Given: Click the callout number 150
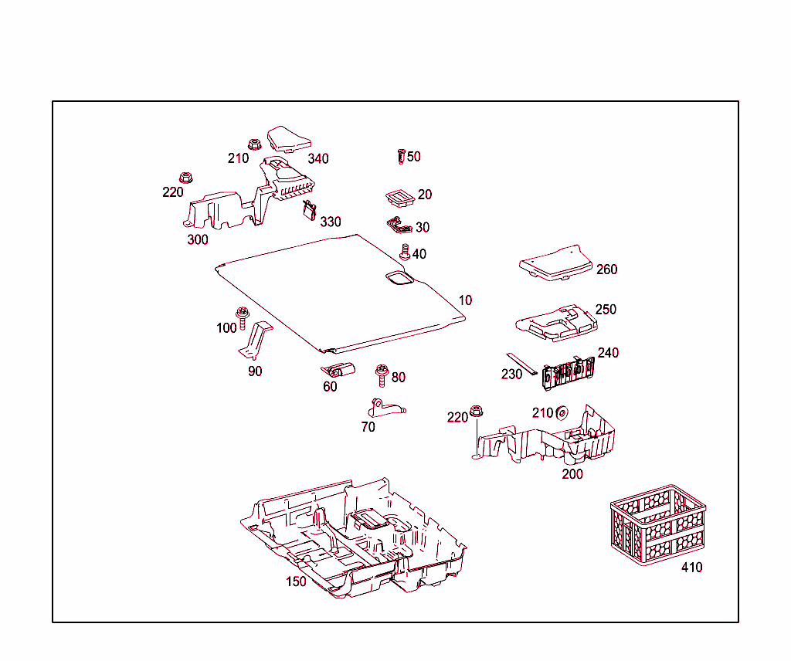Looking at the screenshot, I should pyautogui.click(x=296, y=581).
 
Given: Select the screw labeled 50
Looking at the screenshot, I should pyautogui.click(x=401, y=156).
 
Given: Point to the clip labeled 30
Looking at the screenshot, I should pyautogui.click(x=399, y=225).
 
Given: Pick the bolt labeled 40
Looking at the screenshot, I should pyautogui.click(x=404, y=252).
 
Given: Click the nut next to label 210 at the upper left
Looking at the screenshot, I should pyautogui.click(x=254, y=144).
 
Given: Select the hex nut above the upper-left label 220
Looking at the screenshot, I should pyautogui.click(x=185, y=178).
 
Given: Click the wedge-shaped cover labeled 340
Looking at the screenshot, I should pyautogui.click(x=287, y=140).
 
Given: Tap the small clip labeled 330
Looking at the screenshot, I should pyautogui.click(x=311, y=210).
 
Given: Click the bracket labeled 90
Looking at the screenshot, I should pyautogui.click(x=256, y=341).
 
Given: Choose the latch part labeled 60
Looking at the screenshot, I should pyautogui.click(x=338, y=370).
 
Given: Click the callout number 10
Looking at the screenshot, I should pyautogui.click(x=465, y=300).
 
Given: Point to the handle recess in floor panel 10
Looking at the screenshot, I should pyautogui.click(x=399, y=278).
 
